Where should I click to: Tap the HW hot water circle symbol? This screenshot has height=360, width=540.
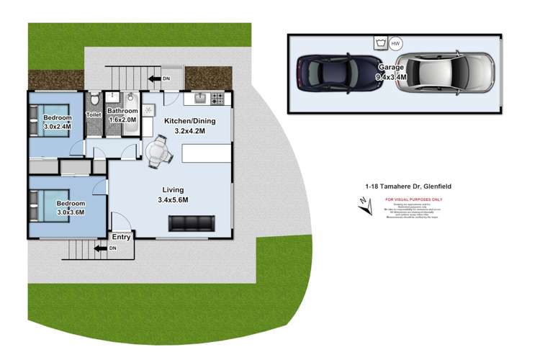click(395, 43)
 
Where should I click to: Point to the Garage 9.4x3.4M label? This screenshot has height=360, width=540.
click(392, 72)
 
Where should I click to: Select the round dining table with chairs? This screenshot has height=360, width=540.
click(159, 152)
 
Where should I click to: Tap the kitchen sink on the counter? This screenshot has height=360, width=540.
click(199, 97)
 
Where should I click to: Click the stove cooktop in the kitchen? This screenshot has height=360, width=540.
click(218, 97)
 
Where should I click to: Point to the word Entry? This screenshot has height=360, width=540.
click(122, 236)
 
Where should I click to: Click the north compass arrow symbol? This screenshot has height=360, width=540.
click(367, 207)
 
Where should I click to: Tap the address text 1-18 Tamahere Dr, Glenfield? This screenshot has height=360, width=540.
click(408, 186)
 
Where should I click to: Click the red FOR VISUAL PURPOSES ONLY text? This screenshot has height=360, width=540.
click(414, 199)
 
